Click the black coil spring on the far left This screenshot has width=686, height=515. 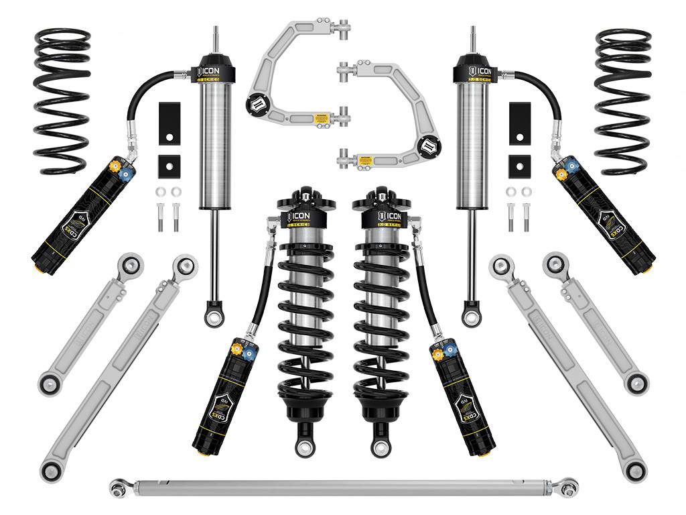tap(62, 101)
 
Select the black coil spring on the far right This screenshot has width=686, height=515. tap(623, 101)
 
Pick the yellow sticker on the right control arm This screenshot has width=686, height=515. tap(365, 161)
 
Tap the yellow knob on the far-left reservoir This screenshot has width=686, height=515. tap(117, 164)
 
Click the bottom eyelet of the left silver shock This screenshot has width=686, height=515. tap(214, 315)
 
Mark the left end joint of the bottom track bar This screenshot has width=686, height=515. tap(119, 483)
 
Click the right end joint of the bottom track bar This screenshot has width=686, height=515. tap(569, 483)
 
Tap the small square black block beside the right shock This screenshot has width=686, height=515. tap(517, 163)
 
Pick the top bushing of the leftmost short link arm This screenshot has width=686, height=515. tap(131, 263)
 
